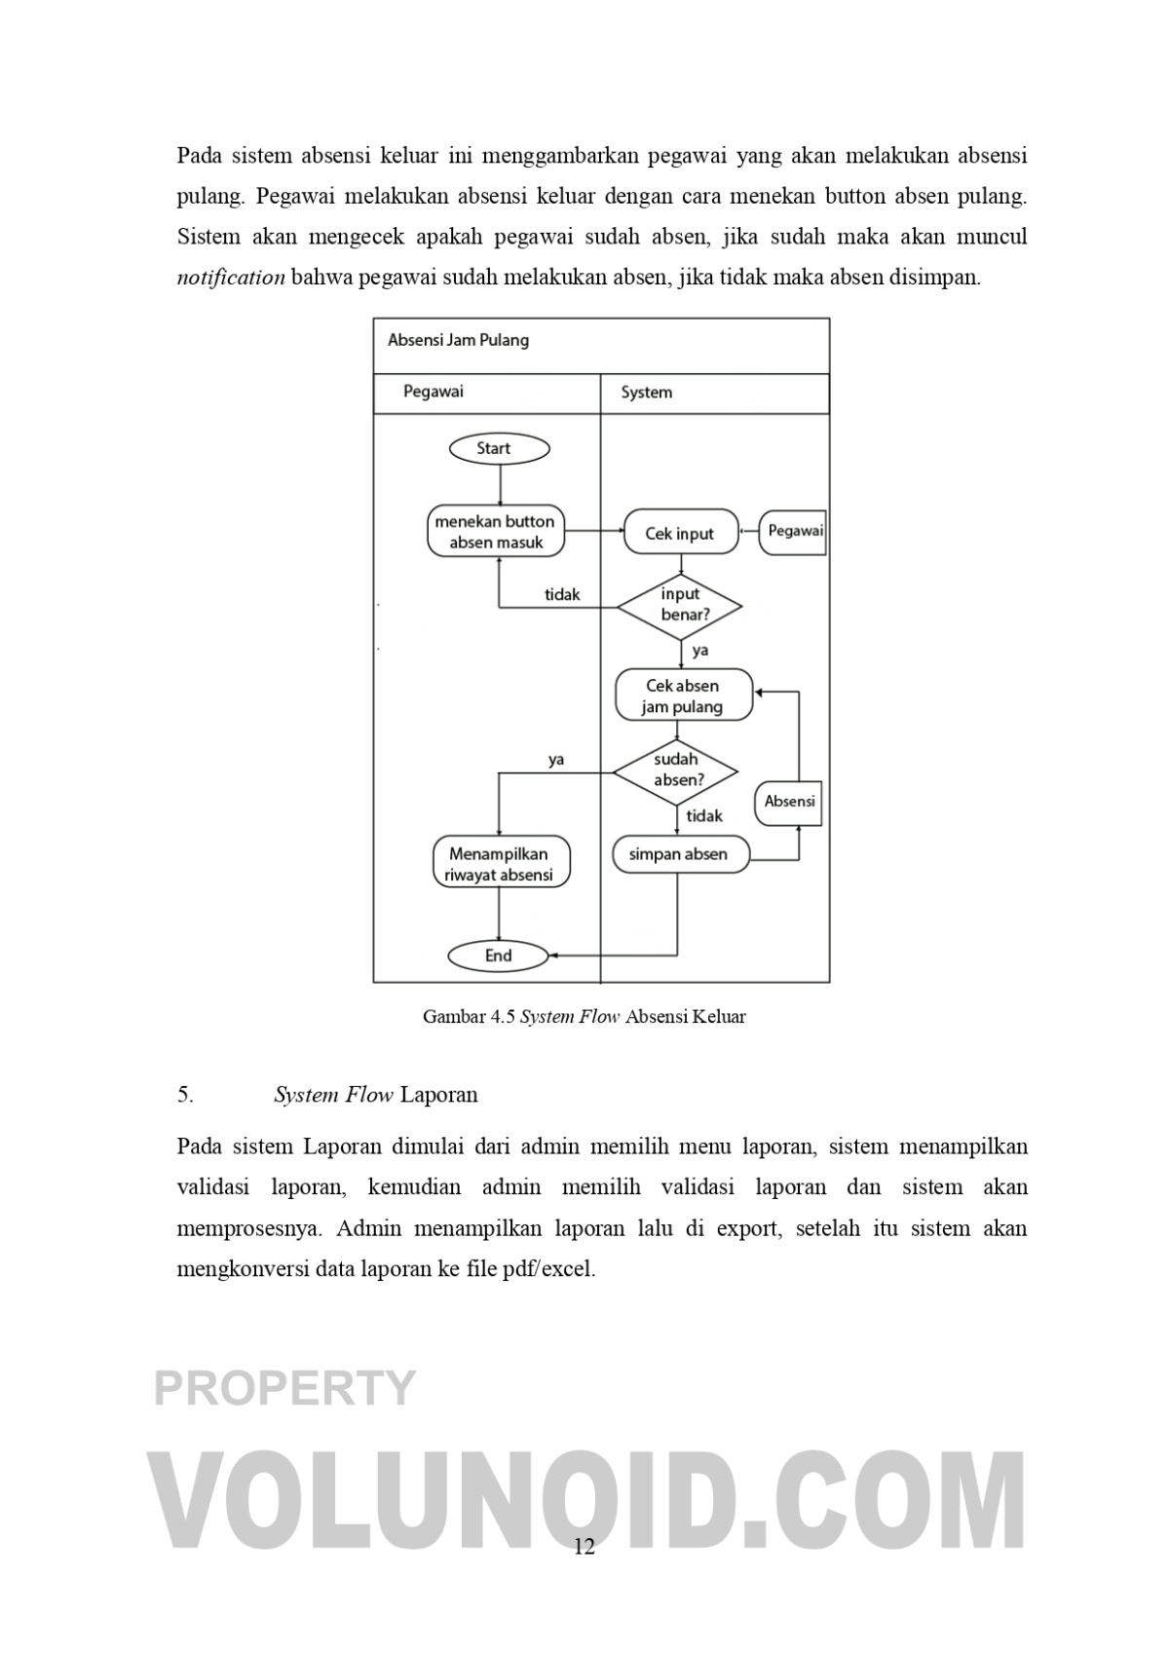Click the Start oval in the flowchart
[499, 448]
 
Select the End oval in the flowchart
[498, 956]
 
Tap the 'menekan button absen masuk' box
[496, 532]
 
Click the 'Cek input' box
[680, 533]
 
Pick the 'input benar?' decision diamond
[680, 605]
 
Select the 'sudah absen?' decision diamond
[675, 770]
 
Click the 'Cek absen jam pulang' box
[683, 695]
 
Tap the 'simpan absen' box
[680, 854]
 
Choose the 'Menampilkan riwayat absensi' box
[500, 864]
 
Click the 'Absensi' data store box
[789, 802]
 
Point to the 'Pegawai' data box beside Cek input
[794, 532]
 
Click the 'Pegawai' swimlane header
[434, 392]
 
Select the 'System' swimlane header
[647, 393]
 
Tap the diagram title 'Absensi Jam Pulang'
[458, 340]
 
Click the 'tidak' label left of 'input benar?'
[562, 594]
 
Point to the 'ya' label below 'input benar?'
[699, 650]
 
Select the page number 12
[584, 1547]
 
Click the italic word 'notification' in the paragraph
[231, 278]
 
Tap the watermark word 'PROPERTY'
[285, 1387]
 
